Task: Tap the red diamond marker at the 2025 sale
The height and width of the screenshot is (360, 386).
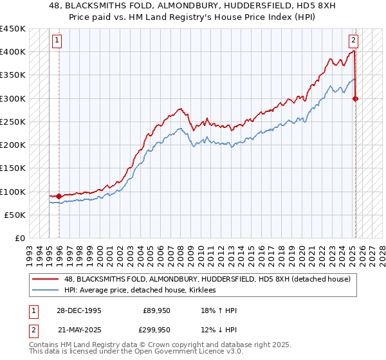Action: click(x=356, y=98)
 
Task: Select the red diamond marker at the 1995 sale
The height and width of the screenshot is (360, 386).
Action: click(x=59, y=196)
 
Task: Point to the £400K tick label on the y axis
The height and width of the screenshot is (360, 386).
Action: click(x=13, y=52)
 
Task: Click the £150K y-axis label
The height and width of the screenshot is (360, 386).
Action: click(x=13, y=168)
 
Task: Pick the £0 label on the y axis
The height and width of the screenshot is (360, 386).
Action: click(x=19, y=239)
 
